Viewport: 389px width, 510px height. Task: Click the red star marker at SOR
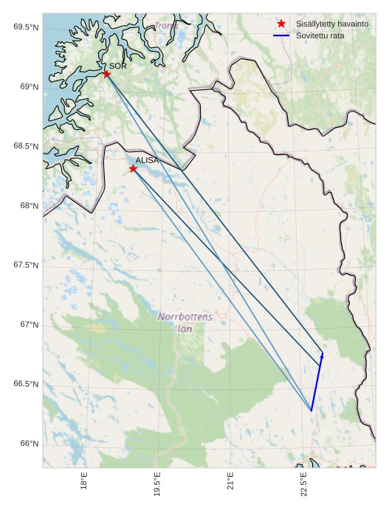(107, 74)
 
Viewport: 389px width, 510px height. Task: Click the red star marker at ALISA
(133, 168)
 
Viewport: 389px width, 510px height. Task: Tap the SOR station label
(118, 66)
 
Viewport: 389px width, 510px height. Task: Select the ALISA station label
(147, 160)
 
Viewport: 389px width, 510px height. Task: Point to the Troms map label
(166, 27)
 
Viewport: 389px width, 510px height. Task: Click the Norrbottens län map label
(185, 323)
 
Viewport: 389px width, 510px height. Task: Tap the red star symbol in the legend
(281, 24)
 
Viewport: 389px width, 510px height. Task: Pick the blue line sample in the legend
(281, 35)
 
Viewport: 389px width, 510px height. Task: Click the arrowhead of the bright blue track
(322, 354)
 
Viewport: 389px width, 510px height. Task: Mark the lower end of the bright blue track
(311, 410)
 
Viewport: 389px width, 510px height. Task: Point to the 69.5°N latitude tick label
(26, 27)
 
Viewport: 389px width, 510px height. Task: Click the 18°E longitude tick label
(84, 482)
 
